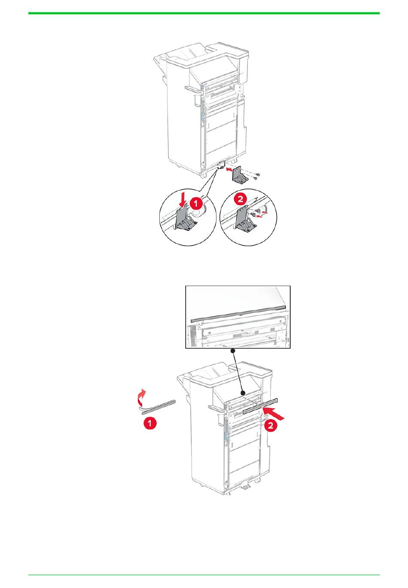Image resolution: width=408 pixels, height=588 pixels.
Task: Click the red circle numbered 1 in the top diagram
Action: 195,204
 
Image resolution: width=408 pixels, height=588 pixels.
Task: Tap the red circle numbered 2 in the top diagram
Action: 241,199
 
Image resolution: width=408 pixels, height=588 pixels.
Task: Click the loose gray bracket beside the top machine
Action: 240,175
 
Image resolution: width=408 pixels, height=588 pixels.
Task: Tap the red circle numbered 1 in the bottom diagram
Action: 150,423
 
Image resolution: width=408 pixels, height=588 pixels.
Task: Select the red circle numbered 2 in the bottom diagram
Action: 270,425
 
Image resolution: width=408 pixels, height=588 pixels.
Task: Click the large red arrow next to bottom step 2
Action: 274,413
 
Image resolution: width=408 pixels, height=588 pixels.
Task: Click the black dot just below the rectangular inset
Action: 232,351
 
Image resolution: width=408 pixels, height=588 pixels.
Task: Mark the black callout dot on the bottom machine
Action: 243,393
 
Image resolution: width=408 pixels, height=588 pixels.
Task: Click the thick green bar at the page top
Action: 204,13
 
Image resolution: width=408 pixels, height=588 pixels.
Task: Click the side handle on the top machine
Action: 193,88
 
